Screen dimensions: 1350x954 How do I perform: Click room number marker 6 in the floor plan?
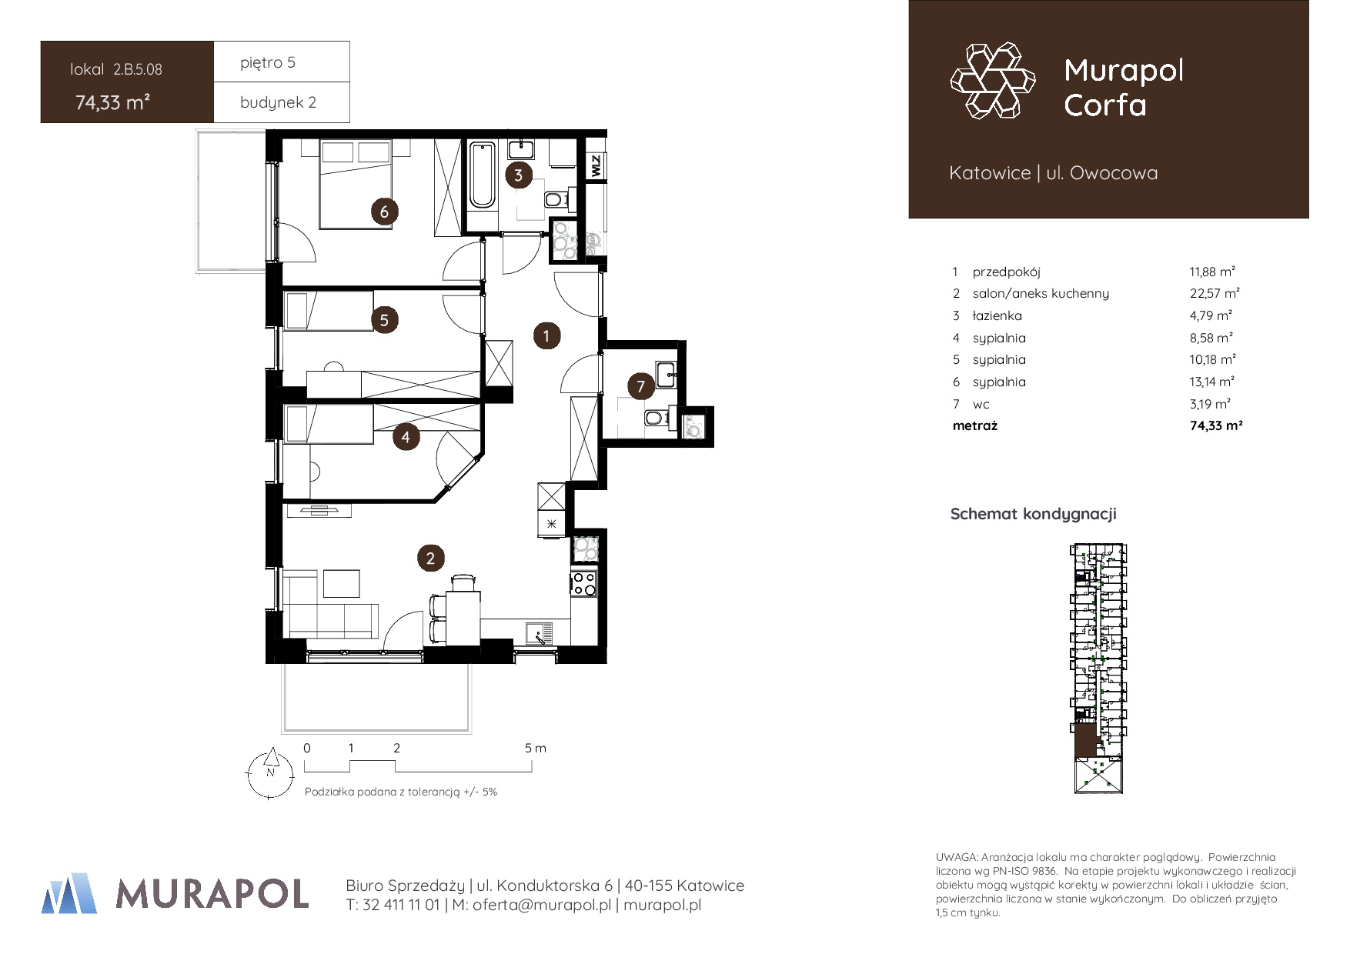(384, 211)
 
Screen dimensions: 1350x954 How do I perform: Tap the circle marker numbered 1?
(546, 335)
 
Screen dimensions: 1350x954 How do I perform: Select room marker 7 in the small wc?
(640, 386)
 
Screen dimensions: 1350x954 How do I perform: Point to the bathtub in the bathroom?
(483, 175)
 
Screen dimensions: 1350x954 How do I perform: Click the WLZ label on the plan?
(596, 165)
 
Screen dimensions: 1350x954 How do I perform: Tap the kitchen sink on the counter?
(540, 633)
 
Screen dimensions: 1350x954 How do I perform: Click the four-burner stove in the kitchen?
(584, 583)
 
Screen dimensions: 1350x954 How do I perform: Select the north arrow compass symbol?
(269, 774)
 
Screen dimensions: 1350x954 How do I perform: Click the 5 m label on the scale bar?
(536, 748)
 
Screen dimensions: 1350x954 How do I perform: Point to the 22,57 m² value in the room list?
(1215, 293)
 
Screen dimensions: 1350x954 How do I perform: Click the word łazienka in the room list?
(997, 315)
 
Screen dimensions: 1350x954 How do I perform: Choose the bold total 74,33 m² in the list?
(1216, 425)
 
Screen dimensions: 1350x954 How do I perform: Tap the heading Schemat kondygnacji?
(1033, 514)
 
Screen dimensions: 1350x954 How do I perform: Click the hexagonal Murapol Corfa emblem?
(993, 81)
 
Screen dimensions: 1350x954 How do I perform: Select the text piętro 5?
(268, 62)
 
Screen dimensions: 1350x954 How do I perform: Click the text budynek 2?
(278, 102)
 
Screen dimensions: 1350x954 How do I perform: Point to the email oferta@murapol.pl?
(542, 906)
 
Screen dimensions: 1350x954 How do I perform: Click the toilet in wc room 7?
(657, 418)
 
